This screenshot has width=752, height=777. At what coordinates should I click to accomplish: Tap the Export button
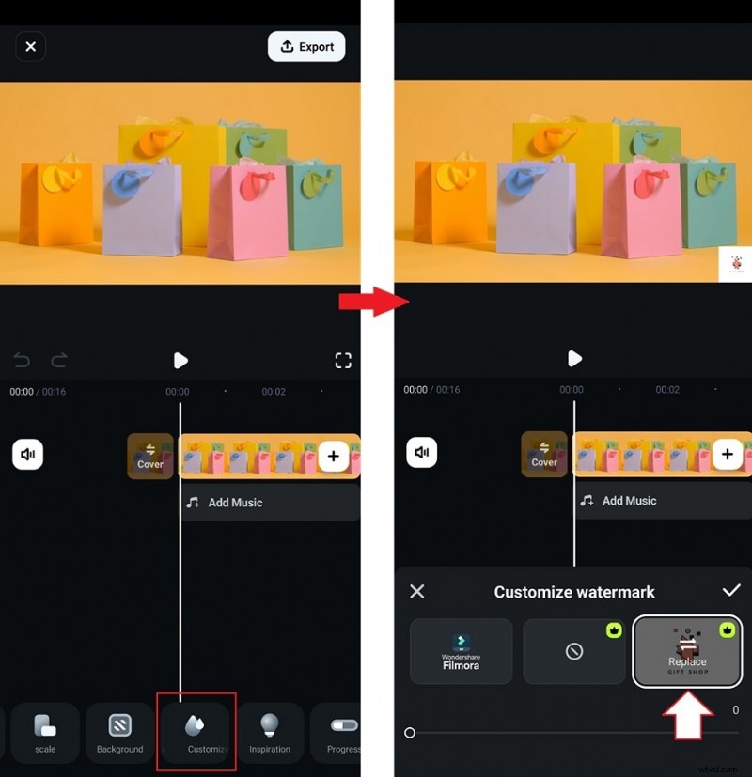(306, 47)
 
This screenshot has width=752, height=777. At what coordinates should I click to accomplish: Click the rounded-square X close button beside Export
(30, 46)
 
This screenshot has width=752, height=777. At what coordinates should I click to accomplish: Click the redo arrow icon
(59, 361)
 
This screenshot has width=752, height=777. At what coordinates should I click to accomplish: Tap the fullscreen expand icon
(343, 361)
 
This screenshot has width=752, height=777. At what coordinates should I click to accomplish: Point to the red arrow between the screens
(374, 302)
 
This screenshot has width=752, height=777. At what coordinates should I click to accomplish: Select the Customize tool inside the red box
(196, 732)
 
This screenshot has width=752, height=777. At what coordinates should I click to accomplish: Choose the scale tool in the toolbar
(45, 732)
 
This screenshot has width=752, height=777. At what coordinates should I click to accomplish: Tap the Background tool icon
(119, 732)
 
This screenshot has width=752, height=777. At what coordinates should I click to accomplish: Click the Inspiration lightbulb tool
(270, 732)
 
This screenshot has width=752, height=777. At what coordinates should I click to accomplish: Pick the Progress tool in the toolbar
(340, 732)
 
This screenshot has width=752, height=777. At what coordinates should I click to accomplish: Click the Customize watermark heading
(574, 592)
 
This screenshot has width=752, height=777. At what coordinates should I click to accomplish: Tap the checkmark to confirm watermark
(730, 590)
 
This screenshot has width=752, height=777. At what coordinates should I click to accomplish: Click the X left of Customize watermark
(417, 591)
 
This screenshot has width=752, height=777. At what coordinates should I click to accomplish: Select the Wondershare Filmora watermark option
(462, 651)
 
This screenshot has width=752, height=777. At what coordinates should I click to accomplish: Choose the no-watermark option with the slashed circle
(574, 651)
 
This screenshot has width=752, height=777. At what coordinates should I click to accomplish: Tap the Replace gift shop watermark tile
(687, 651)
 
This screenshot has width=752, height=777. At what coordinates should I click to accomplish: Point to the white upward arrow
(688, 717)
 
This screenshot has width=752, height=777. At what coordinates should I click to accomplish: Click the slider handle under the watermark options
(410, 733)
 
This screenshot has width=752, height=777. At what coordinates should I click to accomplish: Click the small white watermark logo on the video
(734, 264)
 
